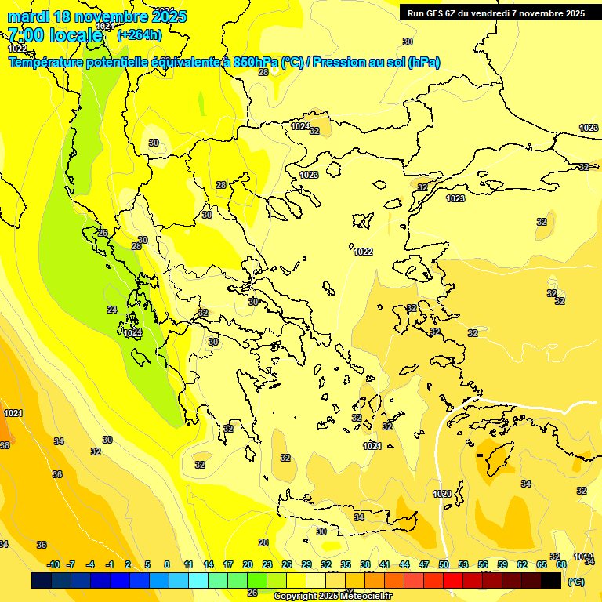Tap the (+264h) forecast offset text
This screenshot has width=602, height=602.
coord(140,34)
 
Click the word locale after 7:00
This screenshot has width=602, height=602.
coord(76,35)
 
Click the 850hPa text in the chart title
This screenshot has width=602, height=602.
coord(255,63)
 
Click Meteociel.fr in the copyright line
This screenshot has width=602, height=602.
coord(363,596)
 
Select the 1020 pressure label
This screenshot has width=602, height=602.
coord(442,494)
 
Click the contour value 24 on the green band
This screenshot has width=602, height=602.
coord(112,310)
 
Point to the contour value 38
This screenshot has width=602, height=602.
coord(5,444)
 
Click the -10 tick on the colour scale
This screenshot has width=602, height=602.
coord(53,564)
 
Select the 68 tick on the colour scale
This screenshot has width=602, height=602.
coord(561,564)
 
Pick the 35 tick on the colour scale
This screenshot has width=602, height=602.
coord(346,564)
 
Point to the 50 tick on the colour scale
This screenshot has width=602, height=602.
coord(444,564)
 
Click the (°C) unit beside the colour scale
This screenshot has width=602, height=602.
coord(576,581)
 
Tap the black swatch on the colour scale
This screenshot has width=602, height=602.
coord(551,580)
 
